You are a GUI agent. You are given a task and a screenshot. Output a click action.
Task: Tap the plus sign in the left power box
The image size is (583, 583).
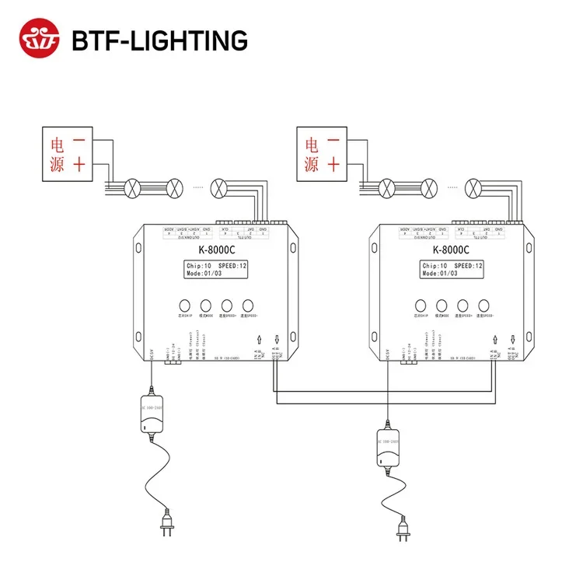79,163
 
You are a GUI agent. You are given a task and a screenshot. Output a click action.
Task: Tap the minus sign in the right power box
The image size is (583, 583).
333,142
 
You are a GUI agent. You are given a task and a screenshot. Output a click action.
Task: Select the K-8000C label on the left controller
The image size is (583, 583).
214,250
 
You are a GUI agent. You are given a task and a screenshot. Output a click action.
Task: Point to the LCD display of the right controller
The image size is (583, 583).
452,270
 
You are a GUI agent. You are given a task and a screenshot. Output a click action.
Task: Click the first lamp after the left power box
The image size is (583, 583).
133,187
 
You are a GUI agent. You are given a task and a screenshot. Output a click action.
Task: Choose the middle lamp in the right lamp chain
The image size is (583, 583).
428,187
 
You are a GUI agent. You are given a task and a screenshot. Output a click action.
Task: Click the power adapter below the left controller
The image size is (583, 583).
152,421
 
